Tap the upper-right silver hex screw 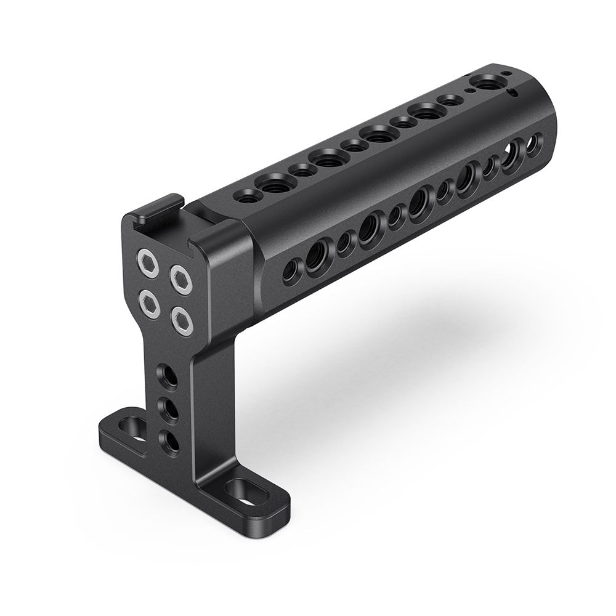click(180, 279)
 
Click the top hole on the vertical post click(168, 376)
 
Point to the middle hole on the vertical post click(168, 408)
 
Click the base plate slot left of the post click(132, 427)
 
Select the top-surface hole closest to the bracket click(245, 197)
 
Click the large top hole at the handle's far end click(487, 81)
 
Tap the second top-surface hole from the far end click(450, 99)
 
